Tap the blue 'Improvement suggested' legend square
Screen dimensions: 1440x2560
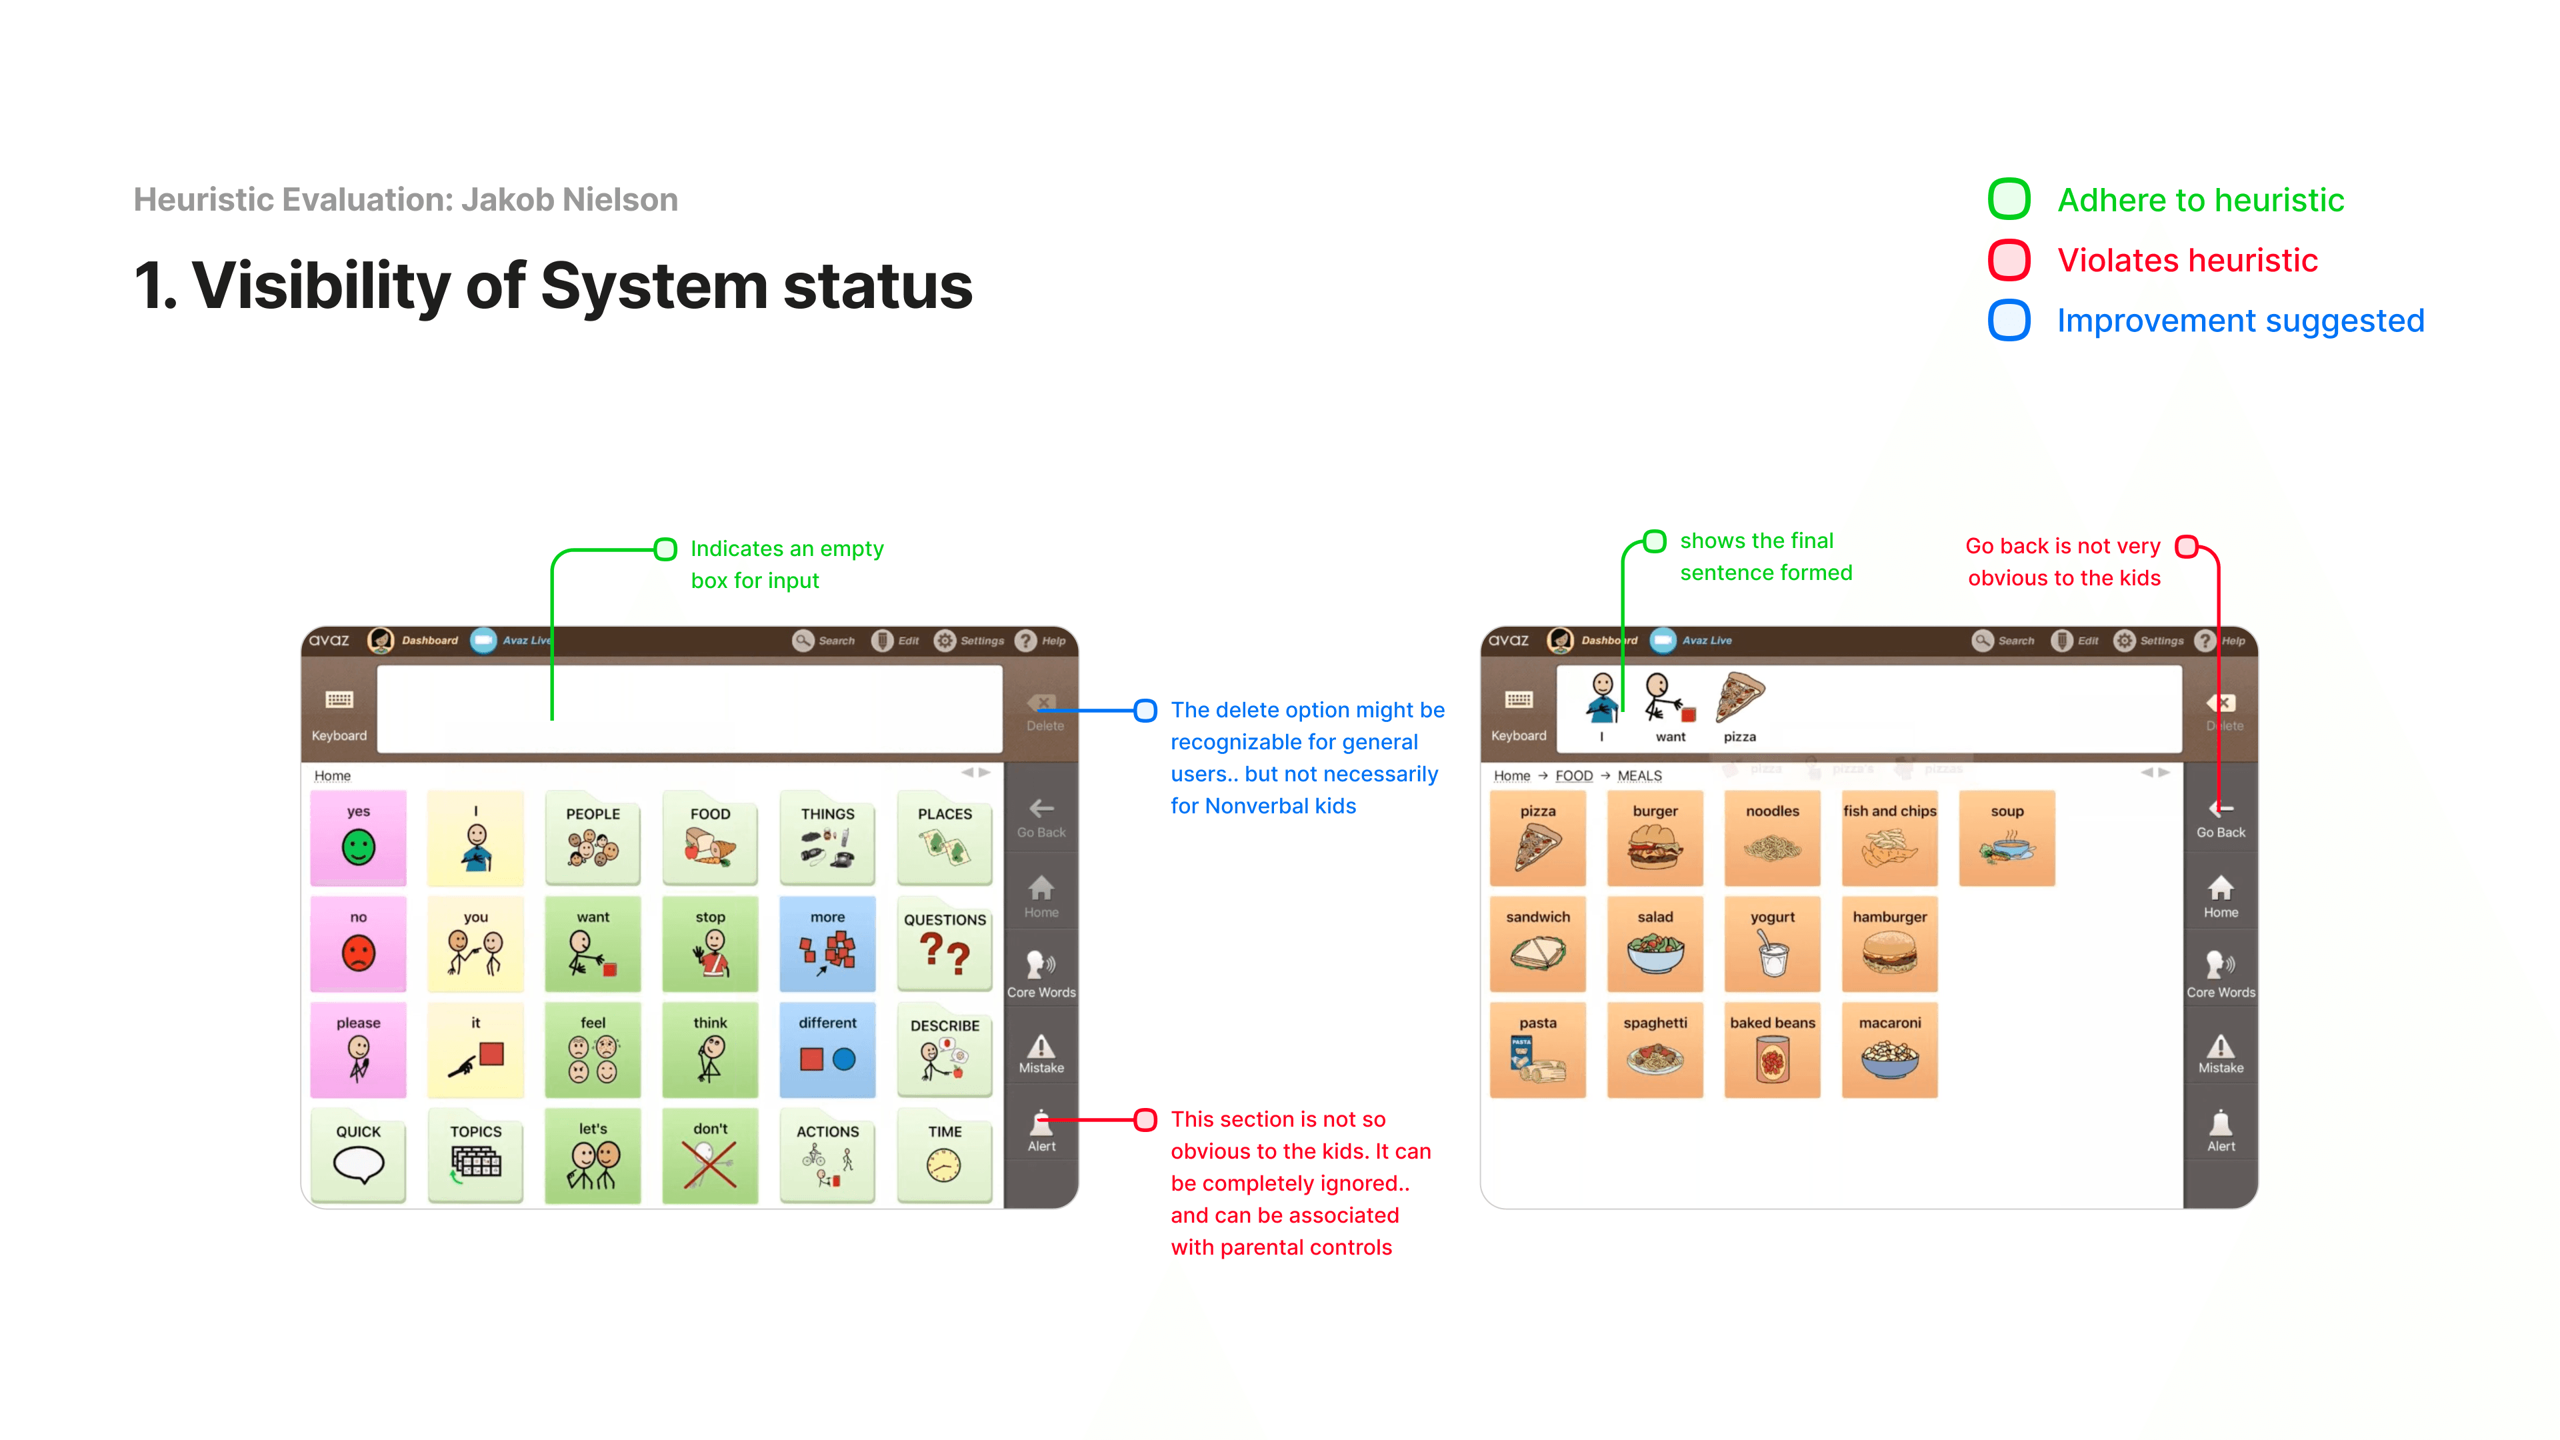(2009, 320)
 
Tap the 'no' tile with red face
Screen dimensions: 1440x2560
(359, 943)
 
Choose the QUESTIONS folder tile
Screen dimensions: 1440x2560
(944, 943)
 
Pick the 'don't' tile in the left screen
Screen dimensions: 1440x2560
(709, 1155)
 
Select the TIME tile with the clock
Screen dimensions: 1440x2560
(944, 1155)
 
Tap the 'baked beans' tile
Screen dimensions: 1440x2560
(1772, 1049)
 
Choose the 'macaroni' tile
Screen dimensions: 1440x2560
(1889, 1049)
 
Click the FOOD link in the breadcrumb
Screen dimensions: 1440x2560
(1573, 775)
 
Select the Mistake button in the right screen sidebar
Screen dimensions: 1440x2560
(2220, 1053)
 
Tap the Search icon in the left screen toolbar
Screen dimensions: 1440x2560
(803, 640)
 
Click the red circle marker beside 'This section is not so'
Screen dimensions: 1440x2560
(1145, 1120)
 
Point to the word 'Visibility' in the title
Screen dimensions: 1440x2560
(321, 286)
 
